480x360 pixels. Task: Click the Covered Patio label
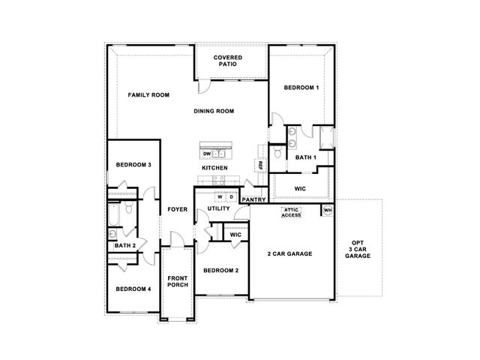pos(228,61)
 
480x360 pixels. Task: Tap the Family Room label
pos(148,95)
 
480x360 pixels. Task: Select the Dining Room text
pos(214,111)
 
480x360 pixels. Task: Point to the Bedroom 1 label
pos(301,88)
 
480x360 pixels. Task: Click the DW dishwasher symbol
pos(207,154)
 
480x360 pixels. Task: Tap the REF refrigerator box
pos(260,166)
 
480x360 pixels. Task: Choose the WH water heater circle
pos(328,210)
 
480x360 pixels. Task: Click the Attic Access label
pos(291,212)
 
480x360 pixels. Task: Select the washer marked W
pos(220,196)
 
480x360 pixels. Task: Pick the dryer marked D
pos(232,196)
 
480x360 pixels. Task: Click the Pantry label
pos(253,199)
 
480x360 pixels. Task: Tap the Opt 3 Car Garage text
pos(358,249)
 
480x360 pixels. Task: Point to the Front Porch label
pos(178,281)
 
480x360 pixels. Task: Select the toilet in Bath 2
pos(128,207)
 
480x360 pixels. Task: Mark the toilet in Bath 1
pos(277,151)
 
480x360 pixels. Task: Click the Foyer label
pos(178,209)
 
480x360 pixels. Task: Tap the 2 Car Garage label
pos(290,253)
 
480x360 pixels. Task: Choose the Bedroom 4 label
pos(133,289)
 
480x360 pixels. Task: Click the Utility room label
pos(218,208)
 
